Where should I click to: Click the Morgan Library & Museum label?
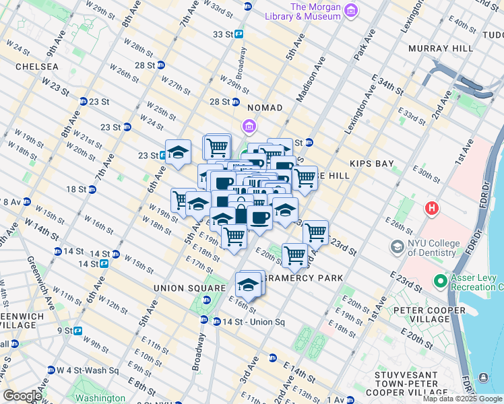314,12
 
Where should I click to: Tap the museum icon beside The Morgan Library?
350,10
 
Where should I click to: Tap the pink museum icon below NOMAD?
249,126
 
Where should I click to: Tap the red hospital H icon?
431,208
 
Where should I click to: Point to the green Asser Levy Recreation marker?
440,280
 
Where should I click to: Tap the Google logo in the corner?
23,396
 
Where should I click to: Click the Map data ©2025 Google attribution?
463,399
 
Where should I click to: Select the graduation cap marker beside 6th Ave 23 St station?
179,152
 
